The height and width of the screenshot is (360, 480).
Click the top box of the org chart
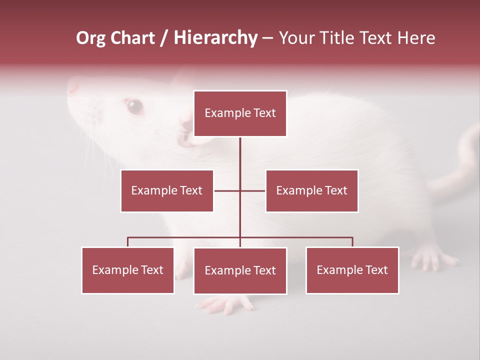coord(240,113)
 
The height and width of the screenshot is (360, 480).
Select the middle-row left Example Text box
coord(167,190)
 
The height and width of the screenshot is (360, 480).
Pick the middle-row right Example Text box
coord(311,190)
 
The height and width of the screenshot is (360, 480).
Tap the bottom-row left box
coord(128,270)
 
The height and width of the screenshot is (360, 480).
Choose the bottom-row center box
coord(240,270)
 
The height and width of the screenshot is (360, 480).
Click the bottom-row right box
coord(352,270)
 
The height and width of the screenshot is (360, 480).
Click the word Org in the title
coord(90,38)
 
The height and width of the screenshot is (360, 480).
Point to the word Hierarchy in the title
coord(215,38)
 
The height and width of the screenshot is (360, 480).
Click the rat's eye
coord(134,106)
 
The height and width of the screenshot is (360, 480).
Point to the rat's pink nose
coord(73,88)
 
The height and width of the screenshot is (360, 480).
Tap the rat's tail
coord(462,160)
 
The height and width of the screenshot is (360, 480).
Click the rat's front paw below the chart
coord(225,303)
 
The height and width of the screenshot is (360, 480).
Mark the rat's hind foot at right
coord(432,258)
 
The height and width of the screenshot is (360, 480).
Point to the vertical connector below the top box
coord(240,160)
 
